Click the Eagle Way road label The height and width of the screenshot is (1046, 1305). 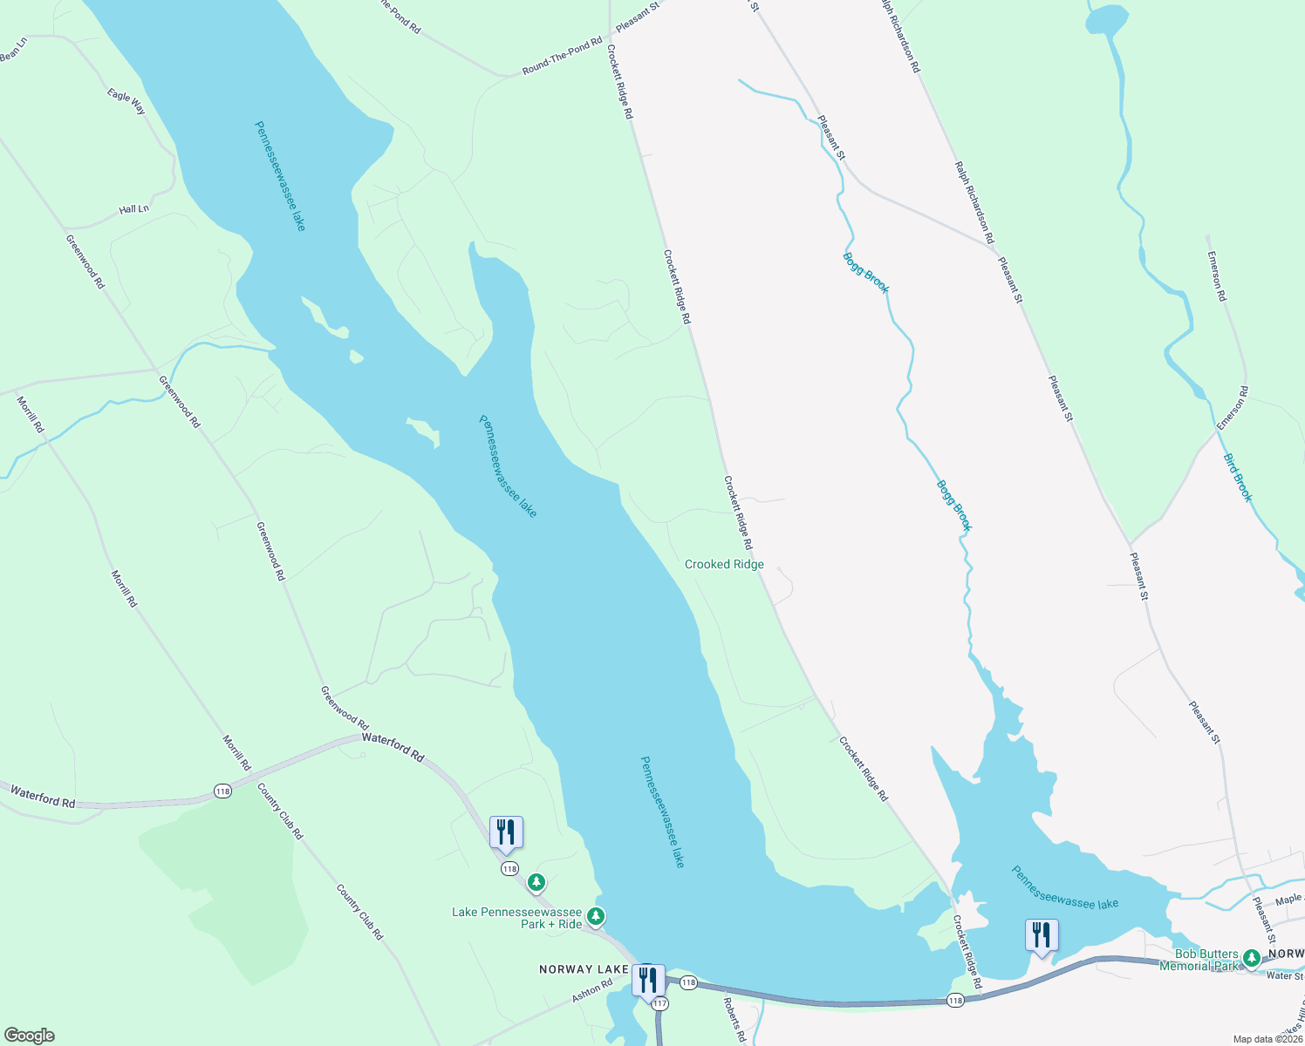coord(126,101)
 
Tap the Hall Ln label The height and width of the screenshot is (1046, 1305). coord(134,210)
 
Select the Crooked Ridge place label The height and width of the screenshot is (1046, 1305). coord(724,565)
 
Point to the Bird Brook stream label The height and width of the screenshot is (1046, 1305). coord(1238,478)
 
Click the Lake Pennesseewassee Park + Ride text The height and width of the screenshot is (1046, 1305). coord(516,918)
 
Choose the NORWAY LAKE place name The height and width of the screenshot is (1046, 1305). coord(584,969)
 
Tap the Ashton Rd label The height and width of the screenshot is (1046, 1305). coord(592,991)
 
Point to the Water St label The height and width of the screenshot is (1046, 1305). coord(1285,976)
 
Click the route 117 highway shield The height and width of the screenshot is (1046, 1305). coord(659,1004)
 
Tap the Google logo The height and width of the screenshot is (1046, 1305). coord(29,1036)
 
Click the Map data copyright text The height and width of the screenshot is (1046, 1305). coord(1267,1039)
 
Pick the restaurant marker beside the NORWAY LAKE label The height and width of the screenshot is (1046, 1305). coord(647,980)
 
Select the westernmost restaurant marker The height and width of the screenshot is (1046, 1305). coord(506,832)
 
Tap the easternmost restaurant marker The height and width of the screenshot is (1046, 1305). coord(1042,935)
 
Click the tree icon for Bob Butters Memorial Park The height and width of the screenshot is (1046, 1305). coord(1252,958)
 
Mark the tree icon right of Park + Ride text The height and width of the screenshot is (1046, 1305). coord(596,916)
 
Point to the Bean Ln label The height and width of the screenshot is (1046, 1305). coord(14,51)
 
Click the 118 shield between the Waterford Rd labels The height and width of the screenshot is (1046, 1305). coord(222,791)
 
